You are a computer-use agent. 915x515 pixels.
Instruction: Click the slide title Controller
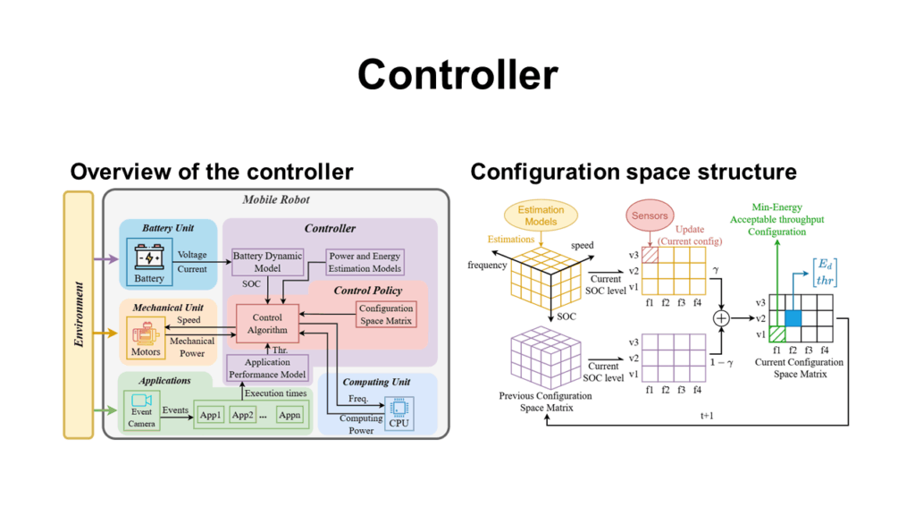457,74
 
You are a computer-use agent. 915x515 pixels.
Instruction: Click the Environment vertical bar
79,314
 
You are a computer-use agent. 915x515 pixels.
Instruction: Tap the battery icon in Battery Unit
148,259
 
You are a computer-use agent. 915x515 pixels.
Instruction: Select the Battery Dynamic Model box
267,262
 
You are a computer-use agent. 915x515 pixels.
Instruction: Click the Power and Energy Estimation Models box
365,262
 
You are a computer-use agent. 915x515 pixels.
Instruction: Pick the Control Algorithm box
267,323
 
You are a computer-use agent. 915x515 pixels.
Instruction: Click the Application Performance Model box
268,368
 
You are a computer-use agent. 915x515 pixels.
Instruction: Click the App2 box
243,416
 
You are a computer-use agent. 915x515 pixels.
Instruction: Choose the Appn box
289,416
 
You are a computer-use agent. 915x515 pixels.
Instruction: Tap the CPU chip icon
399,407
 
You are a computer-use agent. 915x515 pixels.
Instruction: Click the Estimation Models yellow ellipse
541,215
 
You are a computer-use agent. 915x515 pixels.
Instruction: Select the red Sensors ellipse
650,216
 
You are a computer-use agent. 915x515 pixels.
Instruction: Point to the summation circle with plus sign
720,318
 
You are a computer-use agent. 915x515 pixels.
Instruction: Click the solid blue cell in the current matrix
793,318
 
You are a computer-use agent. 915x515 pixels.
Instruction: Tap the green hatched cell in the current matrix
777,334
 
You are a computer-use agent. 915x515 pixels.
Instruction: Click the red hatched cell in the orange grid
651,256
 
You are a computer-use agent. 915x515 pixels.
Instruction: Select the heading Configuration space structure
634,171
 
